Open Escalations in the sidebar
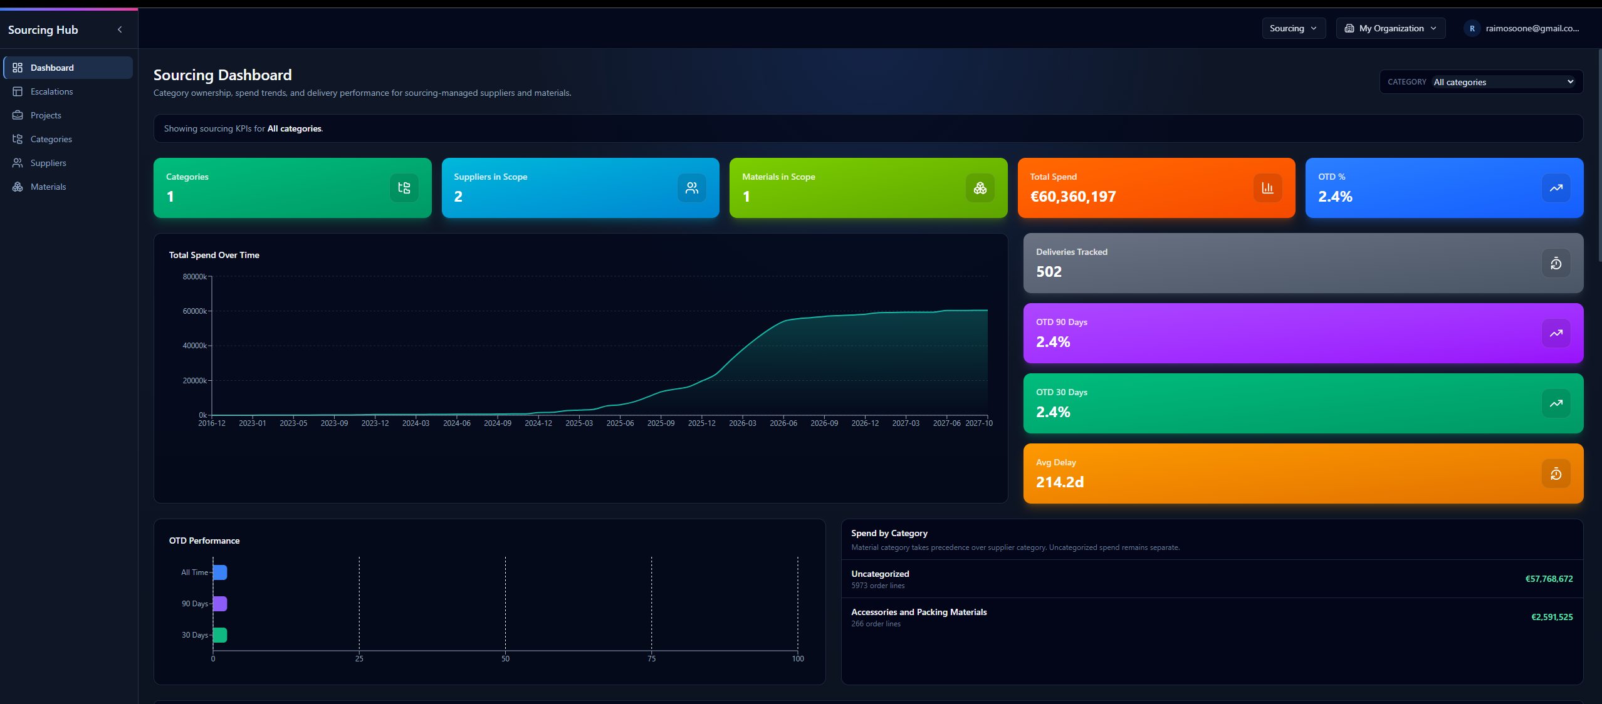click(51, 91)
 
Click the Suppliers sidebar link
click(48, 163)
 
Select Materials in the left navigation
click(48, 187)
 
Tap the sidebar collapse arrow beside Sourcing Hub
click(120, 29)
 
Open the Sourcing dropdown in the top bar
click(1293, 28)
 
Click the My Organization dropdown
click(1390, 28)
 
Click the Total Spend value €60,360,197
click(1072, 197)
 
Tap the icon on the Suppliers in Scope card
click(691, 188)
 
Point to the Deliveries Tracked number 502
click(1049, 272)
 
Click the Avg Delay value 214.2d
click(1059, 482)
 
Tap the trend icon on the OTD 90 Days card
click(1556, 333)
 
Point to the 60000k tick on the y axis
click(194, 311)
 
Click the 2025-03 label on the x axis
click(578, 423)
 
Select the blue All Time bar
click(220, 572)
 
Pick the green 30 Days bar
click(220, 635)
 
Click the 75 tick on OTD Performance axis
click(651, 658)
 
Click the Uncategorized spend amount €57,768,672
click(1549, 579)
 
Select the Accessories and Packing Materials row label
click(918, 612)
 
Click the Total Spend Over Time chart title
click(214, 255)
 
